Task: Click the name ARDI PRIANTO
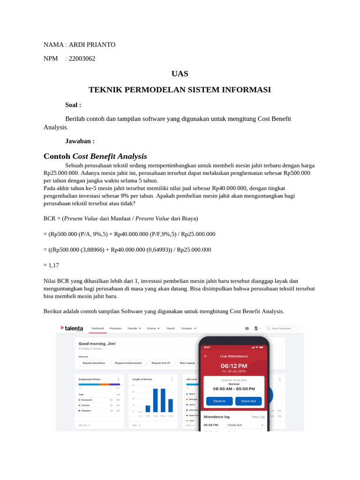coord(92,45)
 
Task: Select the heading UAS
coord(180,74)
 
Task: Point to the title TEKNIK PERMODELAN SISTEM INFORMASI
coord(180,90)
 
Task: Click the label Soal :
coord(73,105)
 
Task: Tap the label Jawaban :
coord(80,141)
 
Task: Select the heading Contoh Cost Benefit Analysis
coord(95,156)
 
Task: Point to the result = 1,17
coord(51,265)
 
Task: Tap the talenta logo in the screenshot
coord(71,329)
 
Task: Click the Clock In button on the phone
coord(219,401)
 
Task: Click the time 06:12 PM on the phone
coord(234,366)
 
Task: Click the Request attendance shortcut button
coord(94,363)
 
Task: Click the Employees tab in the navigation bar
coord(115,329)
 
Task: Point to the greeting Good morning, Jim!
coord(97,344)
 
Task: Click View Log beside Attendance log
coord(258,416)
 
